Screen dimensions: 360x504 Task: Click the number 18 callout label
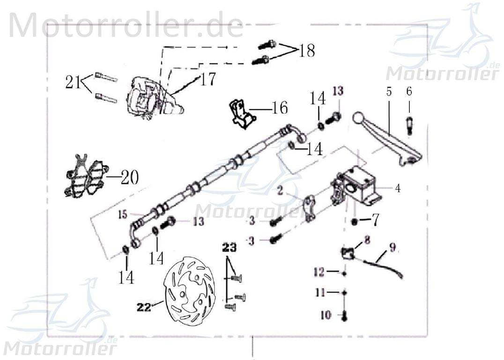pyautogui.click(x=307, y=51)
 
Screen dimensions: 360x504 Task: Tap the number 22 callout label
pyautogui.click(x=144, y=307)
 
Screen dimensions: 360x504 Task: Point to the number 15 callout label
pyautogui.click(x=123, y=215)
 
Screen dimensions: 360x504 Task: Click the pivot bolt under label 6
pyautogui.click(x=409, y=124)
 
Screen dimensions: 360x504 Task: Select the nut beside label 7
pyautogui.click(x=355, y=220)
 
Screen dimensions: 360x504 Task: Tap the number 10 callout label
pyautogui.click(x=326, y=315)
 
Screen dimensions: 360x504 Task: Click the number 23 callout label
pyautogui.click(x=230, y=247)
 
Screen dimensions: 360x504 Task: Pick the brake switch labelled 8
pyautogui.click(x=348, y=254)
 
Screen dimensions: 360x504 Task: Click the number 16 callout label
pyautogui.click(x=279, y=108)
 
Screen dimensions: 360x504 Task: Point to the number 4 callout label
pyautogui.click(x=397, y=189)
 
